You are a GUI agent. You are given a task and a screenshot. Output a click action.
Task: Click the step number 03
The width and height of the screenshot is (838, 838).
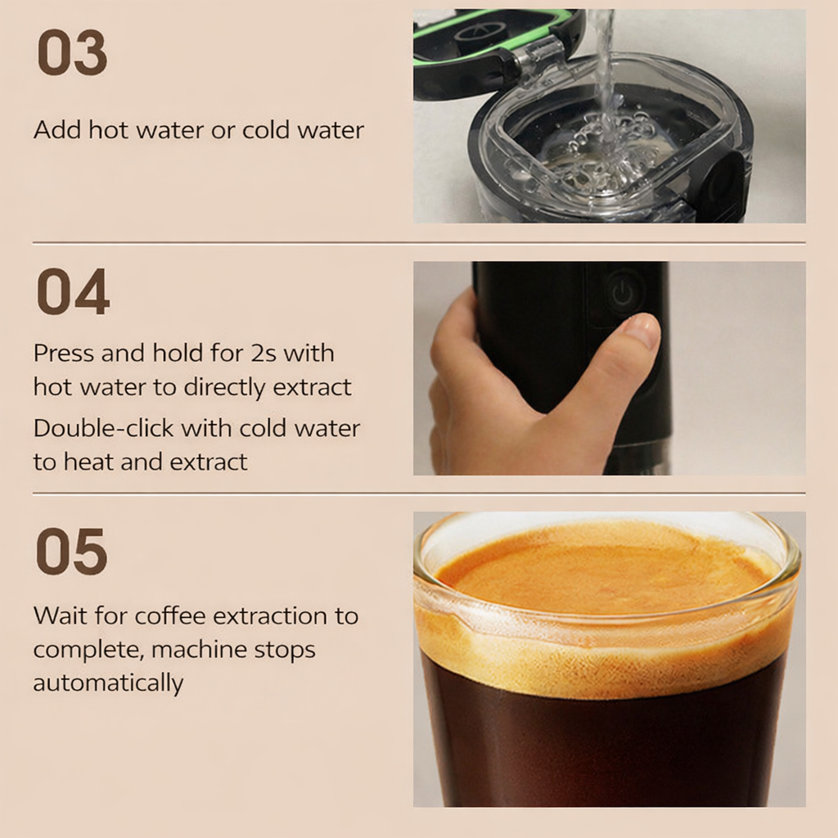click(72, 52)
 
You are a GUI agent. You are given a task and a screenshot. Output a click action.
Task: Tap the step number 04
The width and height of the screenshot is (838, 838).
click(73, 292)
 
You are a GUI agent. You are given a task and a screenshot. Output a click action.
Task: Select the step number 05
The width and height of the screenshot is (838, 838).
click(72, 552)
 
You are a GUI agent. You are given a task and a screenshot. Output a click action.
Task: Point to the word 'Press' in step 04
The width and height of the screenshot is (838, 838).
click(64, 353)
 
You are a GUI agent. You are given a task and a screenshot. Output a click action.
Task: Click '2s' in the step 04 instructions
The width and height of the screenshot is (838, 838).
click(264, 353)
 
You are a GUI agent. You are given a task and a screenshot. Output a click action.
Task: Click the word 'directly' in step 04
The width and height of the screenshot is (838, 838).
click(224, 388)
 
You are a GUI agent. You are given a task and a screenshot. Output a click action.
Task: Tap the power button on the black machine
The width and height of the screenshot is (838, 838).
click(623, 292)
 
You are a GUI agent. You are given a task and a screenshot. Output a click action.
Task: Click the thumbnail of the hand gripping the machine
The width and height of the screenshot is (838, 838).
click(609, 368)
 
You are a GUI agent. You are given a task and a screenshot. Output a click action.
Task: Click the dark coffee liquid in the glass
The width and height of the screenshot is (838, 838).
click(604, 748)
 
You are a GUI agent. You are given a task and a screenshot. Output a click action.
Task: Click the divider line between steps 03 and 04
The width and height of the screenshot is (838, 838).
click(419, 242)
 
